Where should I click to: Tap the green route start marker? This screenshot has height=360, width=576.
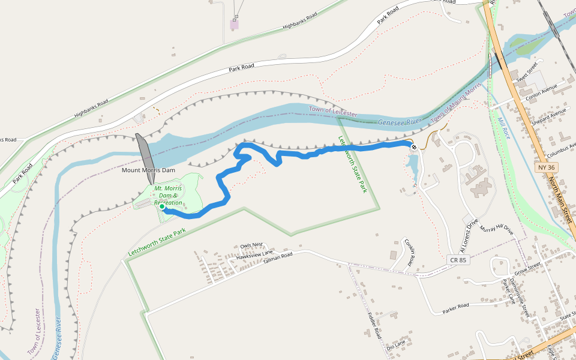click(162, 207)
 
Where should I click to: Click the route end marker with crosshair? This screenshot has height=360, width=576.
click(414, 146)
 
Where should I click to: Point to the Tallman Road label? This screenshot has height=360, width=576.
click(278, 256)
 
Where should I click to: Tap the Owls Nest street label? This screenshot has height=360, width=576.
click(251, 245)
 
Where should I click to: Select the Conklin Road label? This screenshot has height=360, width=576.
click(410, 252)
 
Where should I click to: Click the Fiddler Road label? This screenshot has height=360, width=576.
click(374, 325)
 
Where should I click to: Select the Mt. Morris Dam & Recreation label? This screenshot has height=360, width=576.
click(168, 196)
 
